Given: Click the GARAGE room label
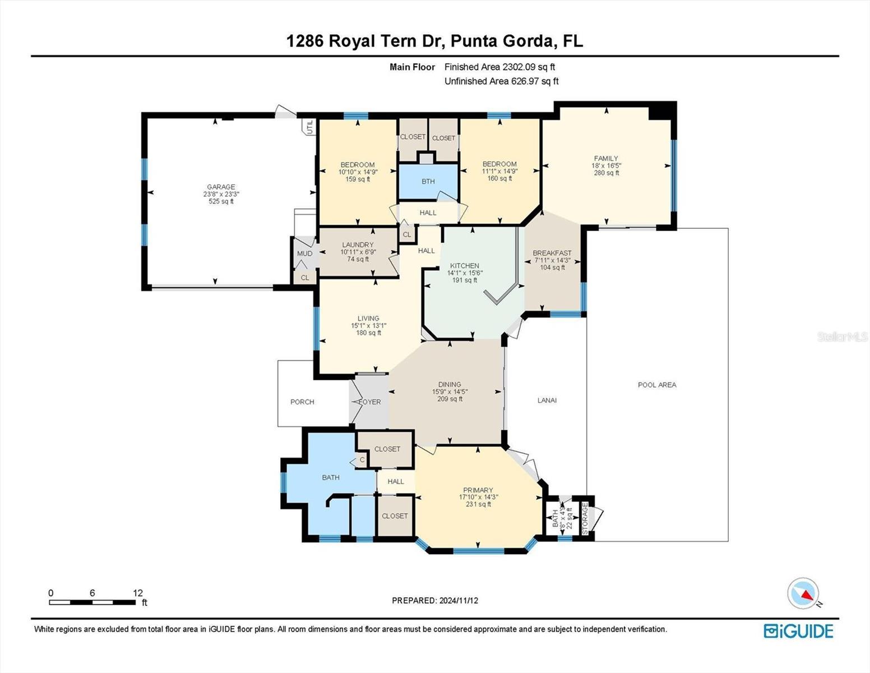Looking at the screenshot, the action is [221, 187].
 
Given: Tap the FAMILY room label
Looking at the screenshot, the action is [606, 159].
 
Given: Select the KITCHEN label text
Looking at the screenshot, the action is [464, 266].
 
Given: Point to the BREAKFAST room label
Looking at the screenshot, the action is [552, 253].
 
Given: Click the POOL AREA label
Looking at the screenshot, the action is [657, 385].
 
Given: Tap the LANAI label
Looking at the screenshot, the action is [547, 400].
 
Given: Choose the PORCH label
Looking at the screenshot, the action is [302, 402].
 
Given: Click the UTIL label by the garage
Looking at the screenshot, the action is [310, 127].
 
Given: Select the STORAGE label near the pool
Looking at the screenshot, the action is [585, 518].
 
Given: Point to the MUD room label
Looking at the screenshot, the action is [305, 253].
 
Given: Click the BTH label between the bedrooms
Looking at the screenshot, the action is [428, 181].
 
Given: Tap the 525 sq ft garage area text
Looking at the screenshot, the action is [221, 201].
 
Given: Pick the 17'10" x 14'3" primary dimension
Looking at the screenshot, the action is [478, 497].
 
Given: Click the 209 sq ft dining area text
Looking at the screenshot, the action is [450, 399].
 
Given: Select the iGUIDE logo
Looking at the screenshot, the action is [798, 631].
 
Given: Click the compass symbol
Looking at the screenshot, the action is [803, 593].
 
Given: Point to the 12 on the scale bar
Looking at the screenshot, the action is [138, 593].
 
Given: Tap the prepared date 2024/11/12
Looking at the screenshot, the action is [459, 601].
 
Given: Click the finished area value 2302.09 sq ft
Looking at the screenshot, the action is [529, 67].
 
